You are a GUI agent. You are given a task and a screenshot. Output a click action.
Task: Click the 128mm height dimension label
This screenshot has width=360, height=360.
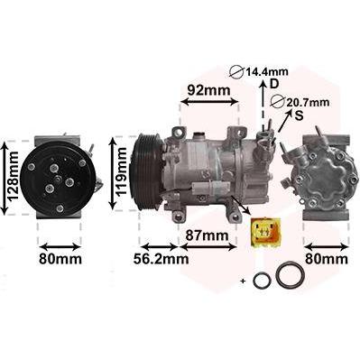(x=13, y=176)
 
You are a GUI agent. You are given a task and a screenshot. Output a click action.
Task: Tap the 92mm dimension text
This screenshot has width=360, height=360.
(x=208, y=89)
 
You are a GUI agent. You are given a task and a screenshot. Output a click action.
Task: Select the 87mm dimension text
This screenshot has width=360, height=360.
(x=207, y=235)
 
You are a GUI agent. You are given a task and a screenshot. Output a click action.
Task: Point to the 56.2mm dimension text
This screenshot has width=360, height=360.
(x=162, y=259)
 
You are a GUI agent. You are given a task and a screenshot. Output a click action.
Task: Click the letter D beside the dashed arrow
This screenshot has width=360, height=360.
(x=274, y=84)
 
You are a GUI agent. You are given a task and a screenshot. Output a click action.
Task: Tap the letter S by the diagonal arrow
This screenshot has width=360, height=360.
(x=299, y=115)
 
